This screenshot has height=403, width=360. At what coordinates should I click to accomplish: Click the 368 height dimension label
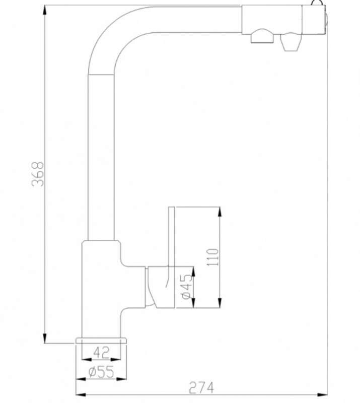tap(38, 174)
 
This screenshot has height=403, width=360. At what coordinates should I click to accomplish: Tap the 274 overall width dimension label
tap(201, 388)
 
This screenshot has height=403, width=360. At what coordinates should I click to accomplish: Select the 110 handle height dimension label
tap(213, 257)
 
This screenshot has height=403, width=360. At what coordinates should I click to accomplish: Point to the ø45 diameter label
tap(187, 287)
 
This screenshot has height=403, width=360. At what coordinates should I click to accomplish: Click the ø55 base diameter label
tap(101, 372)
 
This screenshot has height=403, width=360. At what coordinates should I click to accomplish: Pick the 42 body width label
tap(101, 353)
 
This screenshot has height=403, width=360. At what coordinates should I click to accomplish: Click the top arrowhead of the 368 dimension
tap(45, 11)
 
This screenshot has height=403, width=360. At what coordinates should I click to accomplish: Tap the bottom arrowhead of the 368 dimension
tap(45, 338)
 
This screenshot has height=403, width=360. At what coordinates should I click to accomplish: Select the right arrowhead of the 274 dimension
tap(322, 394)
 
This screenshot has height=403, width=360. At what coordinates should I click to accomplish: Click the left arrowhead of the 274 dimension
tap(81, 394)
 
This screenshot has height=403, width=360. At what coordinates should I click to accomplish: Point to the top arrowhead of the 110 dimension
tap(220, 212)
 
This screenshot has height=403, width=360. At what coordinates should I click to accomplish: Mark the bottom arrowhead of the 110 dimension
tap(220, 302)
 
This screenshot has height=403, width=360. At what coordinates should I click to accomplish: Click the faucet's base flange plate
tap(101, 341)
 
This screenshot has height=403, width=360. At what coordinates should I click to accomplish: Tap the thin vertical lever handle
tap(171, 236)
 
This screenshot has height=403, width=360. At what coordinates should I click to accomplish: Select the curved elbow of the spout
tap(116, 33)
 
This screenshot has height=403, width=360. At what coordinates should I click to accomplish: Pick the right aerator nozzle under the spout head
tap(291, 42)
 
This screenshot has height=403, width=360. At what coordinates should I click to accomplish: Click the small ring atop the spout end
tap(317, 3)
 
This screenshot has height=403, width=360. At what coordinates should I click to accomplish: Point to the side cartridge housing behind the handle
tap(160, 287)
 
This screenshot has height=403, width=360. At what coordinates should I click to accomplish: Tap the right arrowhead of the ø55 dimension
tap(121, 379)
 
